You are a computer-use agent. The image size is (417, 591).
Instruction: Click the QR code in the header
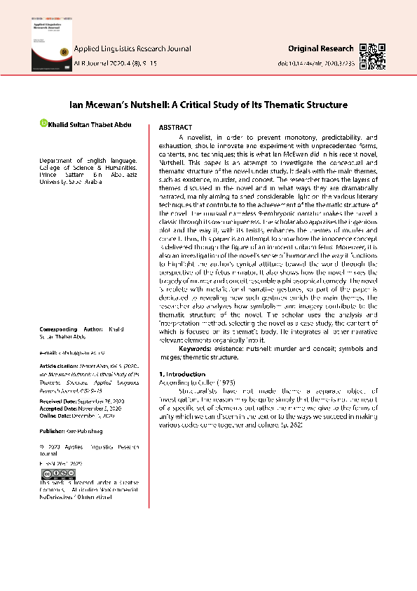[x=373, y=54]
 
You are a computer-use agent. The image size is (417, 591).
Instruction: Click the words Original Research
[x=321, y=48]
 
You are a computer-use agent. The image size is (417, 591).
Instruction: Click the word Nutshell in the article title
[x=143, y=105]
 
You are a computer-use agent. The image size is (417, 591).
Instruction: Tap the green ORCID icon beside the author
[x=43, y=124]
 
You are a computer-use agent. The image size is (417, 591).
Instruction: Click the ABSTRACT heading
[x=176, y=128]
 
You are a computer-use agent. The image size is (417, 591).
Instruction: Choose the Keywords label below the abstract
[x=200, y=348]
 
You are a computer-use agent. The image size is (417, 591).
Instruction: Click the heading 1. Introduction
[x=182, y=374]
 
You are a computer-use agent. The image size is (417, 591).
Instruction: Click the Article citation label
[x=60, y=366]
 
